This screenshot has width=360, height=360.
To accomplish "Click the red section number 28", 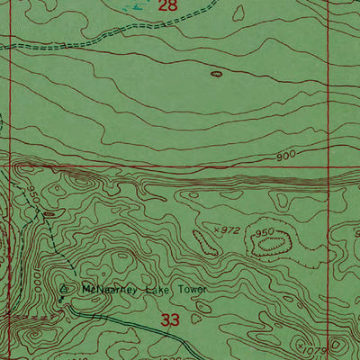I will (x=168, y=6).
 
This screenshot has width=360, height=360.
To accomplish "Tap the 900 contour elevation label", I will (x=286, y=156).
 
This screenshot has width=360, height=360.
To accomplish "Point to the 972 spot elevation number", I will (x=230, y=231).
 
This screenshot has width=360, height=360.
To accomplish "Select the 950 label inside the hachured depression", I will (x=264, y=232).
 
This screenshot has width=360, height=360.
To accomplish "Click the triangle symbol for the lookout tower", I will (x=63, y=290).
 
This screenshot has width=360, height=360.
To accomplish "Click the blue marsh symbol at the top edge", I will (x=135, y=4).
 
